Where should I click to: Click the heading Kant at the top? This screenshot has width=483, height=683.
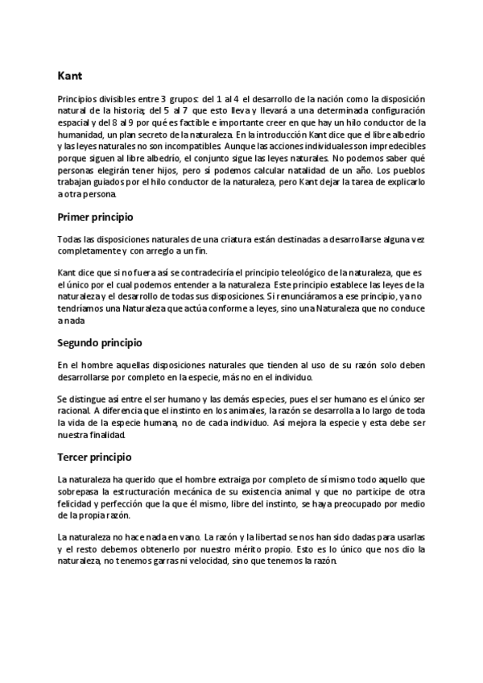click(x=69, y=77)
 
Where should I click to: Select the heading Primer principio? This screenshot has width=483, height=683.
click(x=95, y=217)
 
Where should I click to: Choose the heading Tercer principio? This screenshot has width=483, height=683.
click(x=94, y=457)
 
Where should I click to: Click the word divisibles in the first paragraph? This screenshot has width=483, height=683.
click(x=117, y=98)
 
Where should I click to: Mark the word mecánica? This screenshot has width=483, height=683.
click(x=233, y=491)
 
